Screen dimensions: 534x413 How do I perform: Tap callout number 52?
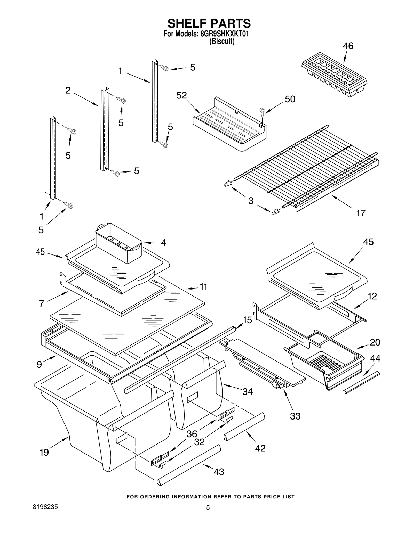click(x=181, y=95)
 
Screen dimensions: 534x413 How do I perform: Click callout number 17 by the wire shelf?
click(x=361, y=213)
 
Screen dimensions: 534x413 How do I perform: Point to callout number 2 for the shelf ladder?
click(x=68, y=90)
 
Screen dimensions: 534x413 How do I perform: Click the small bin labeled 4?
click(x=119, y=243)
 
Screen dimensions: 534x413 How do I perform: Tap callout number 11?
click(x=203, y=287)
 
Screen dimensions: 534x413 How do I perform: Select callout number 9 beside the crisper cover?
click(x=39, y=364)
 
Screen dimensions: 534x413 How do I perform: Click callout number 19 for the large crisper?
click(x=44, y=452)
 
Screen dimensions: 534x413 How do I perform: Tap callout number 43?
click(x=219, y=472)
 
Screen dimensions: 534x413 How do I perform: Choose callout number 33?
click(x=295, y=416)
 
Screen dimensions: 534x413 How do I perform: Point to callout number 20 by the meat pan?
click(x=375, y=342)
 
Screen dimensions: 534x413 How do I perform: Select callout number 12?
click(x=372, y=296)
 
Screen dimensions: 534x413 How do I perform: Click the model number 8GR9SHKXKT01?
click(x=224, y=34)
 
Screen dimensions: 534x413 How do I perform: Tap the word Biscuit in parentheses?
click(x=222, y=42)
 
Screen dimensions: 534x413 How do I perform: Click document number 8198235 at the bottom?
click(x=45, y=507)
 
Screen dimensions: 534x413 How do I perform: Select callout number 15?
click(x=247, y=320)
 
